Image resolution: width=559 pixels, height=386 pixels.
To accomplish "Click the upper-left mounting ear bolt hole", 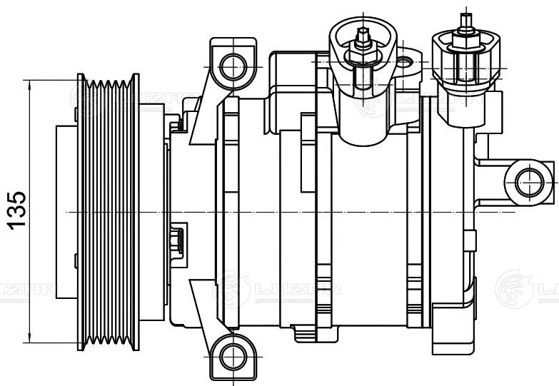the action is pos(231,68).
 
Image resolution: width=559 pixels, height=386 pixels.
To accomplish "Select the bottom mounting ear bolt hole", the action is pos(231,354).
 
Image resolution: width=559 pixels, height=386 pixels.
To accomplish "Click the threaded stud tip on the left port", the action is pos(364,34).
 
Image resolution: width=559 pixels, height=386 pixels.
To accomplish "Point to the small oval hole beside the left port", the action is pos(406,64).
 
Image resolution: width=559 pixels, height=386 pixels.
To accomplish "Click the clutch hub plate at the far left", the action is pos(66,211).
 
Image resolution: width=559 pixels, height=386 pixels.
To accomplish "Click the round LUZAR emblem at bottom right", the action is pos(513,288).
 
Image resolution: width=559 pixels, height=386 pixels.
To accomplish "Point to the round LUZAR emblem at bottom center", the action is pos(233,288).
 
